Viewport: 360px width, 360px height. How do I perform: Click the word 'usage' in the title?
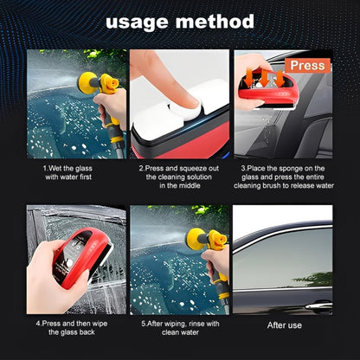137,22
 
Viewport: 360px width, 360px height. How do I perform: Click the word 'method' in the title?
215,22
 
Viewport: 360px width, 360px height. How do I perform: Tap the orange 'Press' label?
307,66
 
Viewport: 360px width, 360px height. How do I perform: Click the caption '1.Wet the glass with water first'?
68,172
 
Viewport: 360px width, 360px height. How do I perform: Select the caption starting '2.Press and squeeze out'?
179,177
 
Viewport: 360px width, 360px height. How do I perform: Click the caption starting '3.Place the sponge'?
284,177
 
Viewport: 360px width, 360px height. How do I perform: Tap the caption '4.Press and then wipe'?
72,328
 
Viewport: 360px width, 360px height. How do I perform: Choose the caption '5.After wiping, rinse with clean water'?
180,328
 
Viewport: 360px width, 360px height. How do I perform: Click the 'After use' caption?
285,325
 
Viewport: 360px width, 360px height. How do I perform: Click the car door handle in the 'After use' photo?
318,305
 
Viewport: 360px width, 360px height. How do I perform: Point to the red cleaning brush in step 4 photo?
82,257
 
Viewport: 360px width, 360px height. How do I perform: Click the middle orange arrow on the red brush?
265,77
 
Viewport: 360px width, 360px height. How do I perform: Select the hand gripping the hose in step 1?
112,106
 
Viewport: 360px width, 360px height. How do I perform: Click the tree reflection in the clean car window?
314,279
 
